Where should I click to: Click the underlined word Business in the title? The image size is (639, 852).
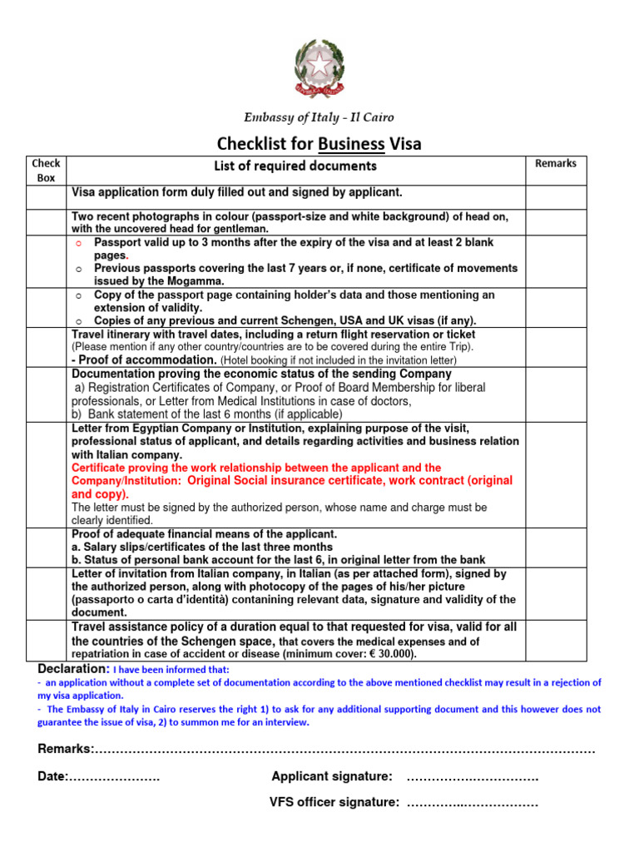point(351,143)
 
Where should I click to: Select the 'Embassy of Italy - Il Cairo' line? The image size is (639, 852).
point(319,117)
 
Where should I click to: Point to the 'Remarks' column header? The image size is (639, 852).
point(556,163)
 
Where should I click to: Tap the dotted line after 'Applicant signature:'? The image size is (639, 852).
point(472,777)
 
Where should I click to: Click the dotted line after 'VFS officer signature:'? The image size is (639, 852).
point(472,803)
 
